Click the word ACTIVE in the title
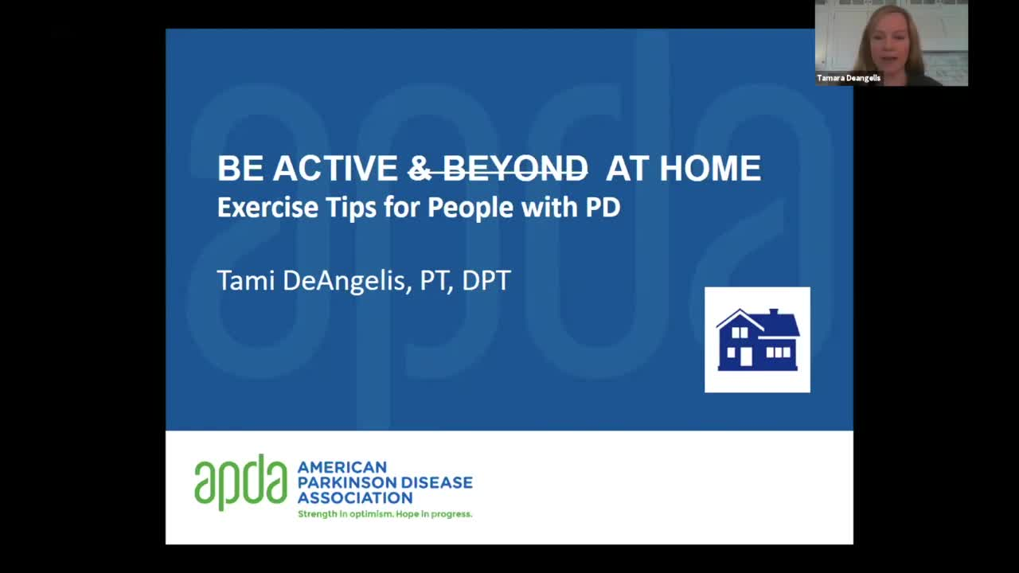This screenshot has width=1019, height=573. (335, 168)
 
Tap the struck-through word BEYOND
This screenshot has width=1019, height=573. (515, 168)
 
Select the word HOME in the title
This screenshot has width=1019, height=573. (710, 168)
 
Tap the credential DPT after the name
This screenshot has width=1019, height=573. (486, 280)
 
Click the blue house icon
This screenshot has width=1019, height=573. (757, 340)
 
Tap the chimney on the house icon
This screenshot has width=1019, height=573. (774, 313)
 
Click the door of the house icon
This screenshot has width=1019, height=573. (746, 357)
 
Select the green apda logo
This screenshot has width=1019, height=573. (240, 482)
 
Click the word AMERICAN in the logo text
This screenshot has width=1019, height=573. (342, 467)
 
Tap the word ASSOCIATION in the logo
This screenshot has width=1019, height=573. (355, 498)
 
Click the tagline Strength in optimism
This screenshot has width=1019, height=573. (346, 514)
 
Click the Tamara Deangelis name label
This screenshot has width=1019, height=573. (849, 78)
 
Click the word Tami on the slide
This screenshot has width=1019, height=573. (246, 280)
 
